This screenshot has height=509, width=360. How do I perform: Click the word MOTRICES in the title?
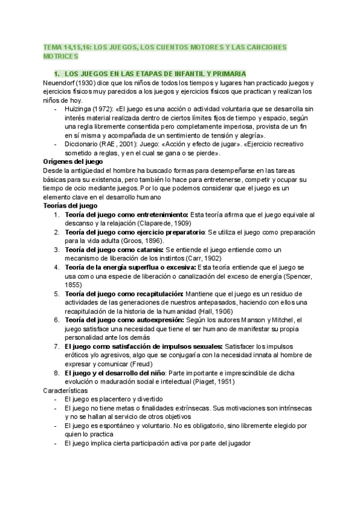60,56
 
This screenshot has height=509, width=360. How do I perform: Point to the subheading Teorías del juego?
71,205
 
